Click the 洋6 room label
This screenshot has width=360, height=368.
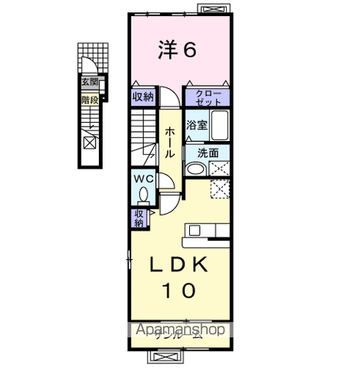coord(178,50)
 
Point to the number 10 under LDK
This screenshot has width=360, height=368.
coord(177,291)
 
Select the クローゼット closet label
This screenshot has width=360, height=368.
coord(208,97)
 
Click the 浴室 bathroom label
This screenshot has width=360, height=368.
coord(196,125)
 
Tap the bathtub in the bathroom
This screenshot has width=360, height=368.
coord(220,124)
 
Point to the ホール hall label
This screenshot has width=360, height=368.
coord(169,142)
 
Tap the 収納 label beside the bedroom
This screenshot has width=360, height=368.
coord(143,97)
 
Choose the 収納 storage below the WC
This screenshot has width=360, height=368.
coord(139,218)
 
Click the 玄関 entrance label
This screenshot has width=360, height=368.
coord(90,81)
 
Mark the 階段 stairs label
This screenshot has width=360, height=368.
coord(90,99)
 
